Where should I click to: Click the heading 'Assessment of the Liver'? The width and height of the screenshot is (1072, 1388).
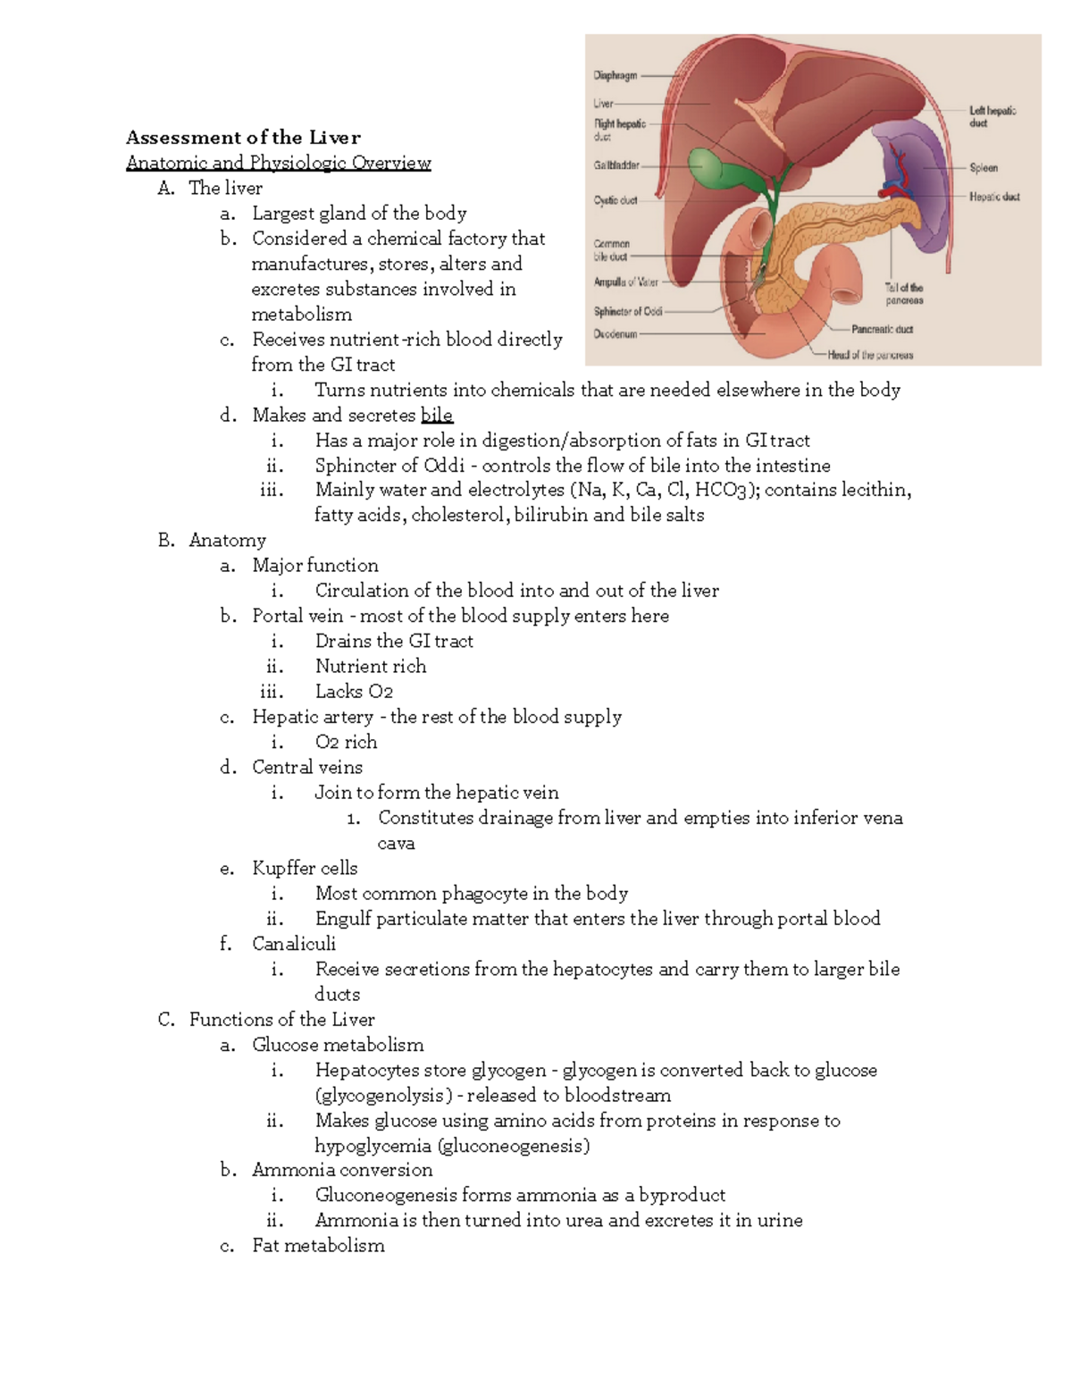coord(243,138)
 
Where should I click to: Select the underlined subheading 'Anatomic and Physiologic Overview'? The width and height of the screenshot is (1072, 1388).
coord(278,163)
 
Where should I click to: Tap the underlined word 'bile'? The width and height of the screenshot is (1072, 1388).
coord(437,416)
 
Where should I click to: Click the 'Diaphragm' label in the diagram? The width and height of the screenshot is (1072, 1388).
coord(616,76)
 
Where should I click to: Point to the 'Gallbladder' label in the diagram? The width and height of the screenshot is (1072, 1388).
coord(616,165)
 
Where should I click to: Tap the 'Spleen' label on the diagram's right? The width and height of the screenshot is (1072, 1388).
coord(984,168)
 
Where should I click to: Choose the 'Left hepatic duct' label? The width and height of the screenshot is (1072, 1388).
coord(992,116)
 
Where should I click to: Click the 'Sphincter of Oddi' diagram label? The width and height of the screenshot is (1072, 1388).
coord(628,312)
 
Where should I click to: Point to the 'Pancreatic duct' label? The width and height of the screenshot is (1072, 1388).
coord(882,329)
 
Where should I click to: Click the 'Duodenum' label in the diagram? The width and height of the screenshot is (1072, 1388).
coord(616,334)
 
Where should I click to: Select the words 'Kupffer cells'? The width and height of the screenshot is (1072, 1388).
coord(305,869)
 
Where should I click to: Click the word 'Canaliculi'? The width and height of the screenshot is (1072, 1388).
coord(294,944)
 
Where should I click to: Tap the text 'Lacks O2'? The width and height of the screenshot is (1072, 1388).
coord(354,692)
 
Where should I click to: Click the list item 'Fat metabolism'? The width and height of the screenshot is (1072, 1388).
coord(318,1246)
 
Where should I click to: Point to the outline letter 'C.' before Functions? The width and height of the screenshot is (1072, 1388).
coord(166,1020)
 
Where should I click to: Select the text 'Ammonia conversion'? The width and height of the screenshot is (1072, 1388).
coord(342,1170)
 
